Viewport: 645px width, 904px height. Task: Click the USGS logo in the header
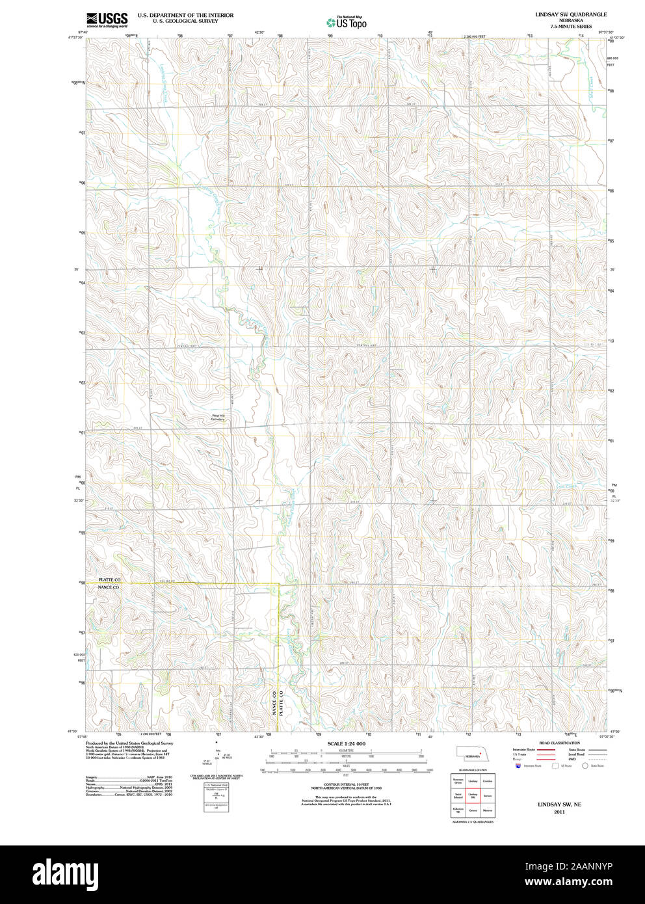pos(107,20)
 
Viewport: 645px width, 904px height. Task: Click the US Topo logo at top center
pos(347,22)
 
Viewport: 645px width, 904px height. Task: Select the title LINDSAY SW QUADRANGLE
pos(571,14)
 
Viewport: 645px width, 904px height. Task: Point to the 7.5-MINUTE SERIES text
pos(571,26)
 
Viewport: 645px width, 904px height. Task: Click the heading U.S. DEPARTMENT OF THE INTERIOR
pos(185,15)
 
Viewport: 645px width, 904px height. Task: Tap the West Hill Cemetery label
pos(217,418)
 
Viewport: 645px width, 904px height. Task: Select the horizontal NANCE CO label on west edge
pos(109,587)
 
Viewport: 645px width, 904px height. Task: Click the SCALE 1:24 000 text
pos(346,743)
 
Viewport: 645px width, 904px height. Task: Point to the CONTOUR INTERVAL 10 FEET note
pos(346,785)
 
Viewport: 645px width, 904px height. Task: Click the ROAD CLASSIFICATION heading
pos(559,743)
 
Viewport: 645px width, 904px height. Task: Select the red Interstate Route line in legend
pos(546,750)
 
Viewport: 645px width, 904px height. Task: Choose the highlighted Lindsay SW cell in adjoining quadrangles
pos(473,795)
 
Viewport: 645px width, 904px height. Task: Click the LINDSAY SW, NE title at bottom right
pos(559,804)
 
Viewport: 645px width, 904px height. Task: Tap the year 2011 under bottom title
pos(559,812)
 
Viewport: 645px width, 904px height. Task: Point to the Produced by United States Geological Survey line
pos(129,743)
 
